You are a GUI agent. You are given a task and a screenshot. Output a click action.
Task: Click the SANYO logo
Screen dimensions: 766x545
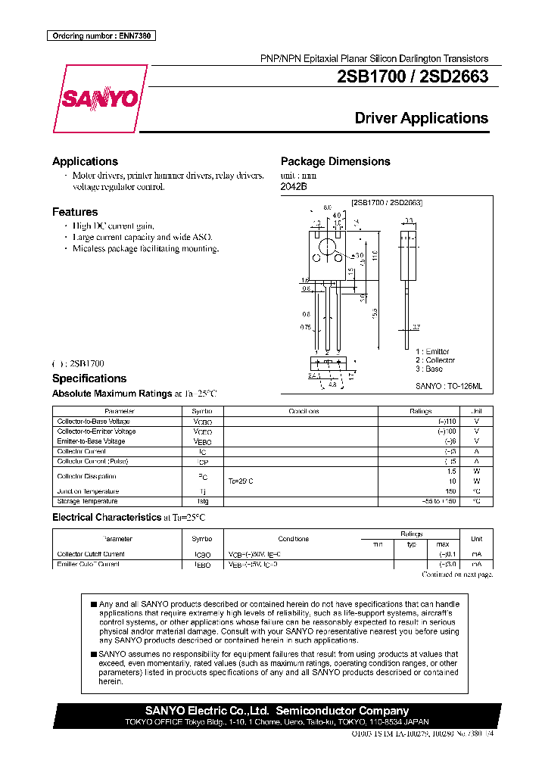tap(99, 98)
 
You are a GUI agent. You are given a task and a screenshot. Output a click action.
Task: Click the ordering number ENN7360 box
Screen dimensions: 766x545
tap(101, 36)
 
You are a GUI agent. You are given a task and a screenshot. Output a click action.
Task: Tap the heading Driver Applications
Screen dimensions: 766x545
tap(421, 118)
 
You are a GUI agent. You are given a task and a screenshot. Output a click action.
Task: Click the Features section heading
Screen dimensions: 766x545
tap(75, 212)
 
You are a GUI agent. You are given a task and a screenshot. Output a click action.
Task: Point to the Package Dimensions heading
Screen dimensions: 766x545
tap(335, 161)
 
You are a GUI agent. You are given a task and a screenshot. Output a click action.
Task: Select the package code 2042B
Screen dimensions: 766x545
tap(294, 186)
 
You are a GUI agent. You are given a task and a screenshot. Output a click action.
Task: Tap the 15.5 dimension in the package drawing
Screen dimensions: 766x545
tap(376, 310)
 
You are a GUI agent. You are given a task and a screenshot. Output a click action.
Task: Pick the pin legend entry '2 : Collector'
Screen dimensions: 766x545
tap(434, 360)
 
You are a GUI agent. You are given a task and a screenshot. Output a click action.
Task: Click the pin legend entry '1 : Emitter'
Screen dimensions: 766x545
tap(432, 351)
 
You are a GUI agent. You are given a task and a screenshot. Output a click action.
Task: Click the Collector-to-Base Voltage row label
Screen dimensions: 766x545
tap(93, 422)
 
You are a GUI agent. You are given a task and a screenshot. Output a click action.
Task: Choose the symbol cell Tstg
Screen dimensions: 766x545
tap(203, 501)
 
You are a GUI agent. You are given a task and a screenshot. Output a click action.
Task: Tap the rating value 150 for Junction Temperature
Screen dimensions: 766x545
tap(450, 491)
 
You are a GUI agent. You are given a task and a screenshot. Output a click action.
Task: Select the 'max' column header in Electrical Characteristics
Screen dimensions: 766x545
tap(443, 544)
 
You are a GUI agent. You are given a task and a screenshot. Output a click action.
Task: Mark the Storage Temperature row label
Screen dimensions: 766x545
tap(87, 501)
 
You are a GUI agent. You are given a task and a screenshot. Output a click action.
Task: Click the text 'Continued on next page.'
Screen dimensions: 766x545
tap(456, 574)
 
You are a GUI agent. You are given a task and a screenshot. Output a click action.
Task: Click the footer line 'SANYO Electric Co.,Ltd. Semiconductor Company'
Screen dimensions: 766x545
tap(276, 711)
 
